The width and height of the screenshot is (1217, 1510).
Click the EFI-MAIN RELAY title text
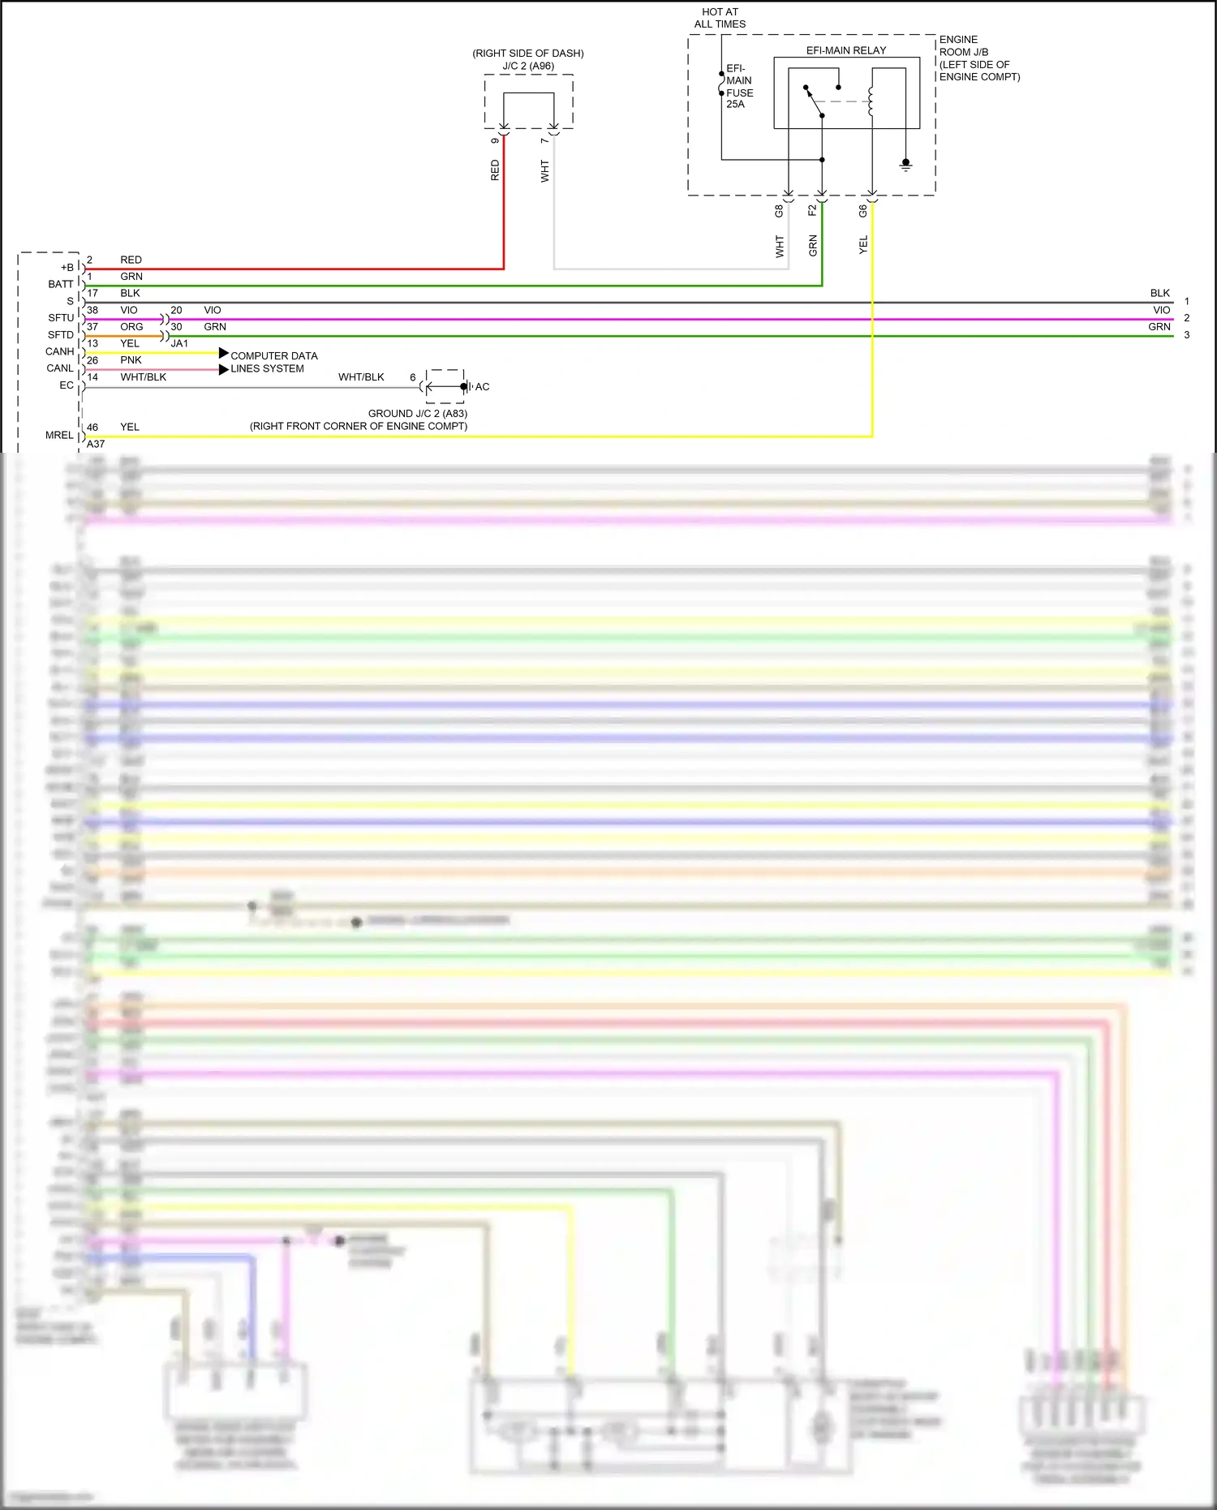pos(845,50)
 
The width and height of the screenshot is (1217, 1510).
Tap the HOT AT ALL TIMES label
pos(720,18)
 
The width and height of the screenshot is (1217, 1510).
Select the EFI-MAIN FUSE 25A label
pos(738,86)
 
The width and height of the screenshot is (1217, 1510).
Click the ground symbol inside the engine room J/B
pos(905,165)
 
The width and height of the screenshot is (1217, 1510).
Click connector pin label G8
pos(779,211)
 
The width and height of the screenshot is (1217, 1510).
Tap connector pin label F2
pos(812,211)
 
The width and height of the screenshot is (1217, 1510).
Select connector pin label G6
pos(862,211)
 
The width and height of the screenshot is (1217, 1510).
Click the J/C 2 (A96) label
pos(528,66)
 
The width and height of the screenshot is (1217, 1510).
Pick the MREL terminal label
pos(59,435)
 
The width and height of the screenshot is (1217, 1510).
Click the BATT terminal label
pos(61,284)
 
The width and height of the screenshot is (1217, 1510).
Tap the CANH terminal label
pos(60,351)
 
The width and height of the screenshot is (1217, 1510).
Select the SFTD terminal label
pos(61,334)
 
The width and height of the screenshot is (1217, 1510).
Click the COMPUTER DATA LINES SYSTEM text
pos(273,362)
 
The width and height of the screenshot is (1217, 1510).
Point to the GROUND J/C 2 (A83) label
pos(417,414)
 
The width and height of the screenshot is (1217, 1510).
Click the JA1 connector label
pos(179,343)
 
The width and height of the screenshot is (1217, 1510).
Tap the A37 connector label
pos(96,444)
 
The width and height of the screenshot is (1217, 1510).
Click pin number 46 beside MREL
pos(92,427)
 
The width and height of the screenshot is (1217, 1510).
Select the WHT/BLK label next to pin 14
pos(144,377)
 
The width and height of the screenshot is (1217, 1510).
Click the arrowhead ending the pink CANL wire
pos(224,369)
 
